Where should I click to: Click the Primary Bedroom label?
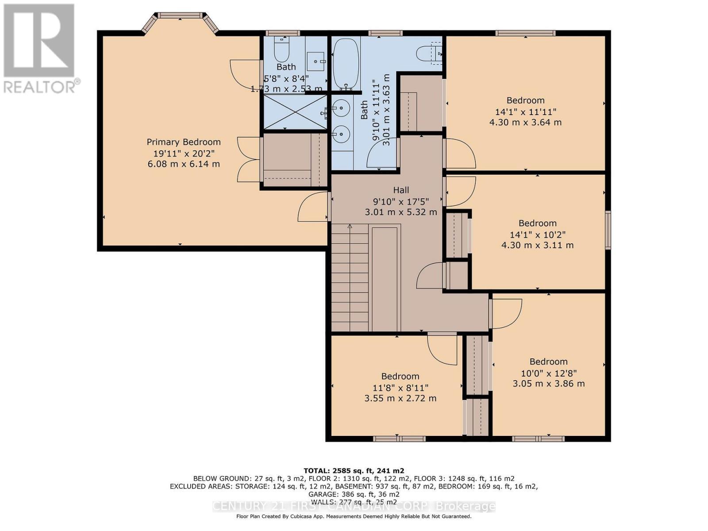click(x=184, y=142)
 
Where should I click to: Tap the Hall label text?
click(x=401, y=190)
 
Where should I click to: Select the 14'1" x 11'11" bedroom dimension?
click(x=525, y=112)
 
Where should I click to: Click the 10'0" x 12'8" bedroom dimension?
click(x=549, y=373)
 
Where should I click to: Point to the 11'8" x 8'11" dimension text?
click(x=400, y=388)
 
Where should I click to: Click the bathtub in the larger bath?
click(x=346, y=63)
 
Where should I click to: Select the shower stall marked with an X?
click(x=295, y=112)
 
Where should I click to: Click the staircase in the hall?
click(x=350, y=279)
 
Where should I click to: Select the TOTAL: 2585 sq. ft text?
click(x=354, y=470)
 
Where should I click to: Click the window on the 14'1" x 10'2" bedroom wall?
click(x=608, y=230)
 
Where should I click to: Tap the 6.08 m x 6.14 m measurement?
click(x=184, y=164)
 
